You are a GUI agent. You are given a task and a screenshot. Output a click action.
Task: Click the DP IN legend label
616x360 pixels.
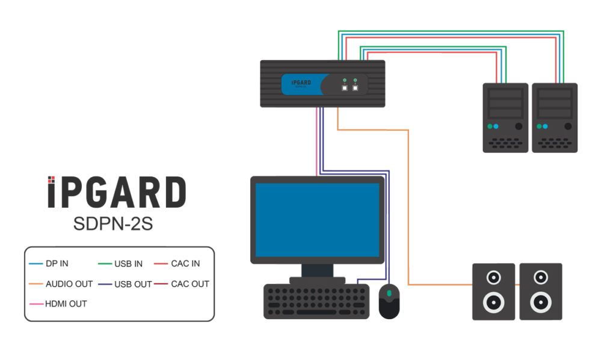(57, 264)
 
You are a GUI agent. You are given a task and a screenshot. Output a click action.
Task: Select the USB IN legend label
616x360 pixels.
(128, 264)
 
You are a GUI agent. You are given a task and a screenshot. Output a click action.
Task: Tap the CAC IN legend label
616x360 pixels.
(185, 264)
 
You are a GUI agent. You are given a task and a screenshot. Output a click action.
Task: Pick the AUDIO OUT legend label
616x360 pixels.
(69, 284)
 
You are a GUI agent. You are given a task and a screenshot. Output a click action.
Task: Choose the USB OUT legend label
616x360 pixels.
(133, 284)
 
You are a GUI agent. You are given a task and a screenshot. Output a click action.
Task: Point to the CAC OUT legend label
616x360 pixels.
(190, 284)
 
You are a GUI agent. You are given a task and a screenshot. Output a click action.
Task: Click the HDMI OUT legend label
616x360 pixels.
(66, 303)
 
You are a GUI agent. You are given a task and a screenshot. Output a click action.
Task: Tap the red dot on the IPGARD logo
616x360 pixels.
(52, 179)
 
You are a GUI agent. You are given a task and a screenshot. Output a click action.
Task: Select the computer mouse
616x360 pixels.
(389, 300)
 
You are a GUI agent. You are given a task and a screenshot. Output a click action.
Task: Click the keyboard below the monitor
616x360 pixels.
(316, 302)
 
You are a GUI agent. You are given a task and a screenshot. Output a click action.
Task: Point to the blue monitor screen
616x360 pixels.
(317, 220)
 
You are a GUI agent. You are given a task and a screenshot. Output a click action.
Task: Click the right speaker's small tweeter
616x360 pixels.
(541, 278)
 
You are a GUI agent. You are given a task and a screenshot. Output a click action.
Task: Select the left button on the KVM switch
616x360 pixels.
(345, 87)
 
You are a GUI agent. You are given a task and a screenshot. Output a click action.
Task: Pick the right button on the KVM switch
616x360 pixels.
(356, 87)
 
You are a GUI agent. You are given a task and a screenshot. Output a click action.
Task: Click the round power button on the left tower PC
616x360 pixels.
(519, 126)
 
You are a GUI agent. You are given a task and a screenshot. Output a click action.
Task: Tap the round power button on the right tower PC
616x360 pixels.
(567, 126)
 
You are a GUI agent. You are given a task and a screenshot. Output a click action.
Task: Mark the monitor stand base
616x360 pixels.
(317, 280)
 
